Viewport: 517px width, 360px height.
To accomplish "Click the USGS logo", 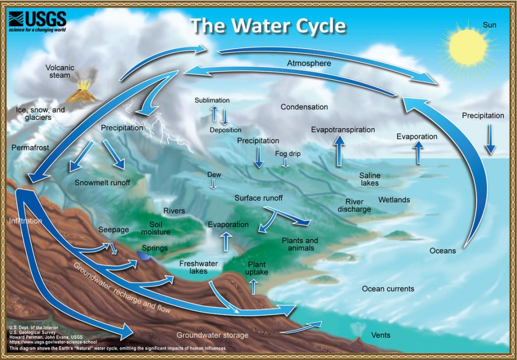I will pyautogui.click(x=38, y=22).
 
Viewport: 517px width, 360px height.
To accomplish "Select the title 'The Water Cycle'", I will pyautogui.click(x=268, y=26).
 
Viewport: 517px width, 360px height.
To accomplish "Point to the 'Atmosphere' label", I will pyautogui.click(x=309, y=64).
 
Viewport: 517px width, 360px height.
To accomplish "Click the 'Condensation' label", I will pyautogui.click(x=304, y=107).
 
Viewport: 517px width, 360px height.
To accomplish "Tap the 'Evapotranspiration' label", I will pyautogui.click(x=343, y=130).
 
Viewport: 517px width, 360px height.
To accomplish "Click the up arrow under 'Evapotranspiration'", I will pyautogui.click(x=339, y=150).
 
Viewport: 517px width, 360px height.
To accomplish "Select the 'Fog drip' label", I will pyautogui.click(x=288, y=153).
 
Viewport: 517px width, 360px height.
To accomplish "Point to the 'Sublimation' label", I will pyautogui.click(x=212, y=100).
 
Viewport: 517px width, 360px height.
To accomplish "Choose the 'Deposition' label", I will pyautogui.click(x=226, y=130).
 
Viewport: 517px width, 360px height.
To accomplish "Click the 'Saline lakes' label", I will pyautogui.click(x=370, y=179).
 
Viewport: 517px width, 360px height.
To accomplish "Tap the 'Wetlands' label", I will pyautogui.click(x=394, y=200).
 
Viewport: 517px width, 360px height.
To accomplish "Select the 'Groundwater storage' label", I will pyautogui.click(x=212, y=335).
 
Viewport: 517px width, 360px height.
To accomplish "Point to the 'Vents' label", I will pyautogui.click(x=380, y=335).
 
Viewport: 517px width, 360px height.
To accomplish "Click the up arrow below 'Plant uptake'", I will pyautogui.click(x=253, y=287).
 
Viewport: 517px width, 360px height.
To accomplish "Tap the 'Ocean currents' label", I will pyautogui.click(x=388, y=289).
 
